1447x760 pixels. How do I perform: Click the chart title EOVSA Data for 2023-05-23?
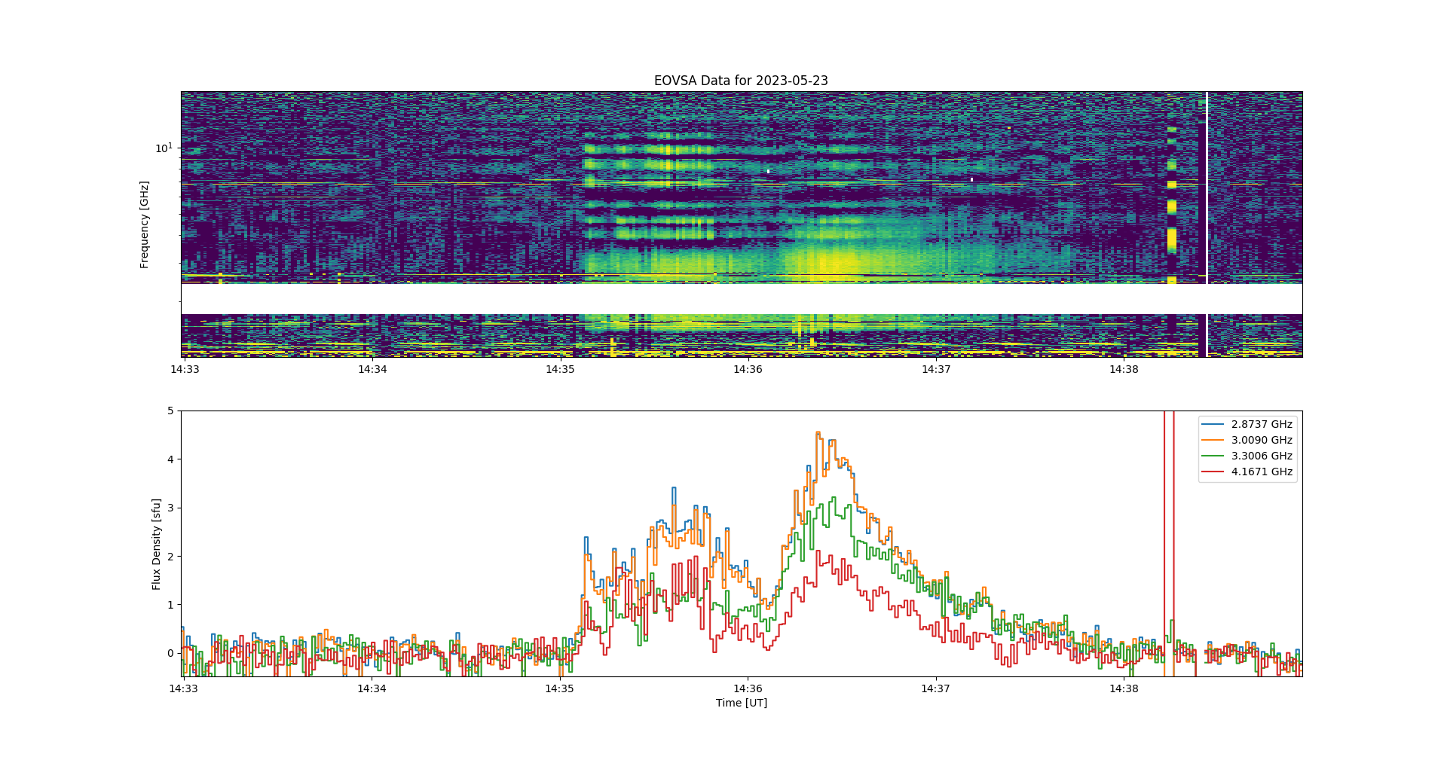pyautogui.click(x=741, y=81)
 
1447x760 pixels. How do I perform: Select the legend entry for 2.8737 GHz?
pyautogui.click(x=1247, y=424)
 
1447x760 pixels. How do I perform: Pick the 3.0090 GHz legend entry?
pyautogui.click(x=1247, y=440)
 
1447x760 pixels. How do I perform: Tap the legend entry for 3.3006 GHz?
pyautogui.click(x=1247, y=456)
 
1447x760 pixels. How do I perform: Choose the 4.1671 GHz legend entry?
pyautogui.click(x=1247, y=472)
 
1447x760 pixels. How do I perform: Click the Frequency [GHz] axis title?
pyautogui.click(x=144, y=224)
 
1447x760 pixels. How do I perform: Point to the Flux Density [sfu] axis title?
pyautogui.click(x=156, y=544)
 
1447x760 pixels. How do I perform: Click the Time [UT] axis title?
pyautogui.click(x=742, y=703)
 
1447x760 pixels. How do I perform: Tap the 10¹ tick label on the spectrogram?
pyautogui.click(x=164, y=148)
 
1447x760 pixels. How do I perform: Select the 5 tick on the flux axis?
pyautogui.click(x=170, y=411)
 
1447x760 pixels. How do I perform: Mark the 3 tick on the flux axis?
pyautogui.click(x=170, y=508)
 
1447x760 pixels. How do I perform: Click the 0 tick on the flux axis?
pyautogui.click(x=170, y=653)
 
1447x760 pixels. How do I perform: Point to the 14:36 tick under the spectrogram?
pyautogui.click(x=748, y=369)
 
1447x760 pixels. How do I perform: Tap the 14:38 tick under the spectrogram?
pyautogui.click(x=1124, y=369)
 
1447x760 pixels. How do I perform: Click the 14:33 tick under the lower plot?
pyautogui.click(x=183, y=688)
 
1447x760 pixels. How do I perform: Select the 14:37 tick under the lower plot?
pyautogui.click(x=935, y=688)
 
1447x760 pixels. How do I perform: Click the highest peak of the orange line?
pyautogui.click(x=818, y=432)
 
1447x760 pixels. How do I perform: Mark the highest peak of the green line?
pyautogui.click(x=834, y=497)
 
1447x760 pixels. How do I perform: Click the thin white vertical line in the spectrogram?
pyautogui.click(x=1207, y=224)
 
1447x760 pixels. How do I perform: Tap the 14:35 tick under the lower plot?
pyautogui.click(x=559, y=688)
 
